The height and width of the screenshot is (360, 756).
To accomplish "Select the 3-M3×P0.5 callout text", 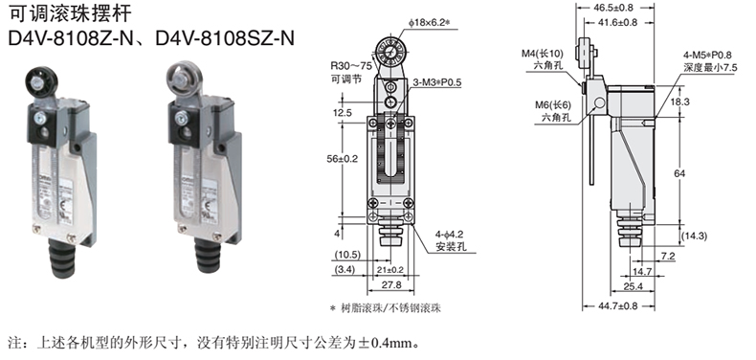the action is click(x=437, y=82).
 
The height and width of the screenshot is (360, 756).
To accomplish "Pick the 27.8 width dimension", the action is click(x=391, y=284).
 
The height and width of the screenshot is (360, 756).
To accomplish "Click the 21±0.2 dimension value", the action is click(x=390, y=270).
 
